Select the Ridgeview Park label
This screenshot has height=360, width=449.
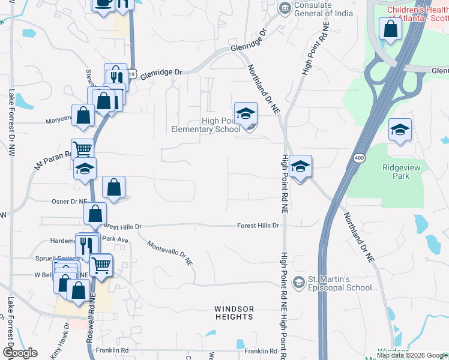coord(401,172)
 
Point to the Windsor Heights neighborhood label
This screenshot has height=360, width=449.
coord(234,313)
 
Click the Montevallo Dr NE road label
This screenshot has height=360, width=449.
coord(170,253)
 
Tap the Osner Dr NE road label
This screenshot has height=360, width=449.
coord(70,202)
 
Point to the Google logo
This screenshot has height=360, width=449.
coord(20,353)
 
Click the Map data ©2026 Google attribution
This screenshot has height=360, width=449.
coord(412,355)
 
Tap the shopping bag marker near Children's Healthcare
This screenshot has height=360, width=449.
coord(390,29)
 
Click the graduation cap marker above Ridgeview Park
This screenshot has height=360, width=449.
coord(400,130)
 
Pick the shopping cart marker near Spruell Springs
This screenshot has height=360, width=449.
coord(101,263)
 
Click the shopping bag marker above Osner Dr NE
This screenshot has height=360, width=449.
coord(113,187)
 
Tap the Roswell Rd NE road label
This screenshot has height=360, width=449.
coord(91,319)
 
